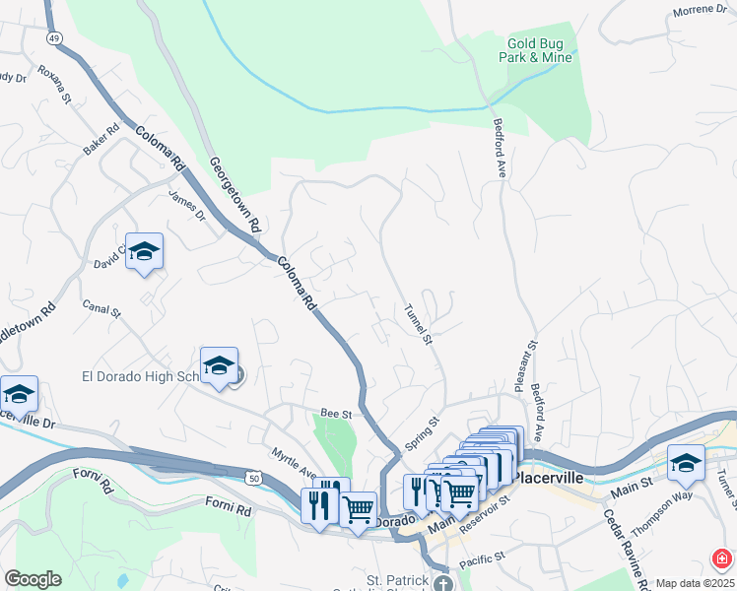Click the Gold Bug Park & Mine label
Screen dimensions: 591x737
(x=539, y=50)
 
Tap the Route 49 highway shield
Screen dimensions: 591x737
(x=53, y=36)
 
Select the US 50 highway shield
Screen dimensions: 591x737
(x=254, y=478)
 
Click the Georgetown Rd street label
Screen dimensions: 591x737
(x=234, y=194)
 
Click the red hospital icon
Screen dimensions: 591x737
(x=722, y=559)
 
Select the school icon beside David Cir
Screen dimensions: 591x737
(x=144, y=251)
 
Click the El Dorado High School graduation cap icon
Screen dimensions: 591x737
(x=219, y=365)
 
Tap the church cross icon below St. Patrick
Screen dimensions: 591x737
(x=443, y=582)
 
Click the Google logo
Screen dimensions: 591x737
(x=33, y=578)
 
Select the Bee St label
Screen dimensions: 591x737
(x=335, y=414)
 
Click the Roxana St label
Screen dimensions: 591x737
(x=55, y=84)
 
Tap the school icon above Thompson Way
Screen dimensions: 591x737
(x=686, y=463)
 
